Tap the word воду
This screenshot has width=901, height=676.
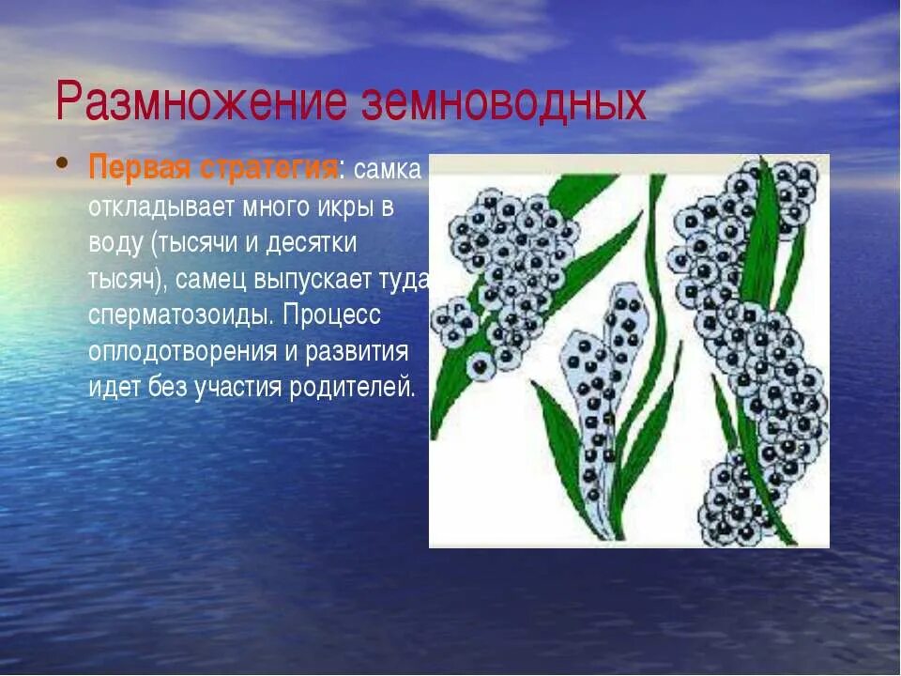[x=115, y=243]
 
